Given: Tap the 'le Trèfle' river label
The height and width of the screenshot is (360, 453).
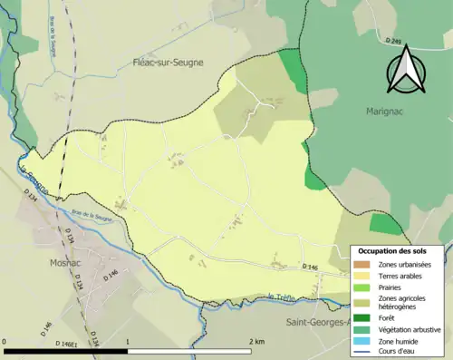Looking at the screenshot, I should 283,295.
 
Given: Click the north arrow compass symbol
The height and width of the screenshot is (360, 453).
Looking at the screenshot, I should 405,71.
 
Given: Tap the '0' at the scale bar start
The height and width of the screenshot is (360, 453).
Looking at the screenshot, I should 6,342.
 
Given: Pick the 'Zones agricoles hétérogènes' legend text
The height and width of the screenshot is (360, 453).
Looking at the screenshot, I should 405,302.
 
